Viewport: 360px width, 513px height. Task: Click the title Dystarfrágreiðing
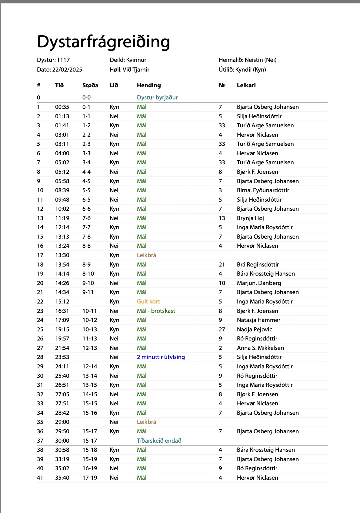[103, 42]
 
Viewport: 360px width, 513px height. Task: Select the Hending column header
[149, 85]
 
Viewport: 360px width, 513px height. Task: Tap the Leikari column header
[246, 85]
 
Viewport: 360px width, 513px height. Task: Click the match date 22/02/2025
[67, 70]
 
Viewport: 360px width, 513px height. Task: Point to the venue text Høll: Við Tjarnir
[129, 70]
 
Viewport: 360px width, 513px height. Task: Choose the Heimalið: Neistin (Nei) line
[248, 60]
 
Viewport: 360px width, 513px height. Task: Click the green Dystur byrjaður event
[157, 98]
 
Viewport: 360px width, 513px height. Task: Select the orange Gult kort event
[148, 302]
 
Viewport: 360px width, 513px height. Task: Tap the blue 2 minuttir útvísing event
[161, 357]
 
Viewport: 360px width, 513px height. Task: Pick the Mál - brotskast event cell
[156, 311]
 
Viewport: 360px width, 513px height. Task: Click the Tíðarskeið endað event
[159, 441]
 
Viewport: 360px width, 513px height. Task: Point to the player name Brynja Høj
[250, 218]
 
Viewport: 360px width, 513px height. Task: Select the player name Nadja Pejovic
[255, 330]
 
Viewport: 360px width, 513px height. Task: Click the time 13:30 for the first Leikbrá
[62, 255]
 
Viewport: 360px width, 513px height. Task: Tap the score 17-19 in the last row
[90, 478]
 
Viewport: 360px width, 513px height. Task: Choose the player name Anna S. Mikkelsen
[260, 348]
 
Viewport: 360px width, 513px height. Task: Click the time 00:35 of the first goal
[62, 107]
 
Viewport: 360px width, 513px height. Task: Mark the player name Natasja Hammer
[258, 320]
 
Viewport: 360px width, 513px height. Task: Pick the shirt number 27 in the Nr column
[222, 330]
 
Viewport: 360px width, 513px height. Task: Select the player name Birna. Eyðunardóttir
[263, 190]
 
